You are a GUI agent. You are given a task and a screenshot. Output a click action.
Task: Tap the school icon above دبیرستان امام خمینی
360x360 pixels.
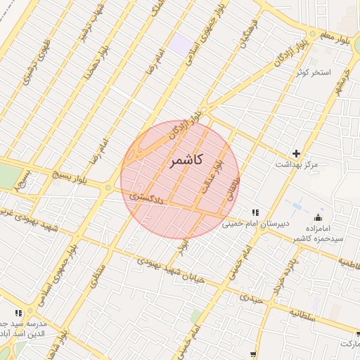[256, 212]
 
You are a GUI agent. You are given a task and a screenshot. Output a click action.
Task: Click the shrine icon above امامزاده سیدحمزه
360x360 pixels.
[319, 217]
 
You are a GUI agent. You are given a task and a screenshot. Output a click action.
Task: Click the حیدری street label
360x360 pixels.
[250, 299]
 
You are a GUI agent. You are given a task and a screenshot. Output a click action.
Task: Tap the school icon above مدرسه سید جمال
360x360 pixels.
[18, 313]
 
